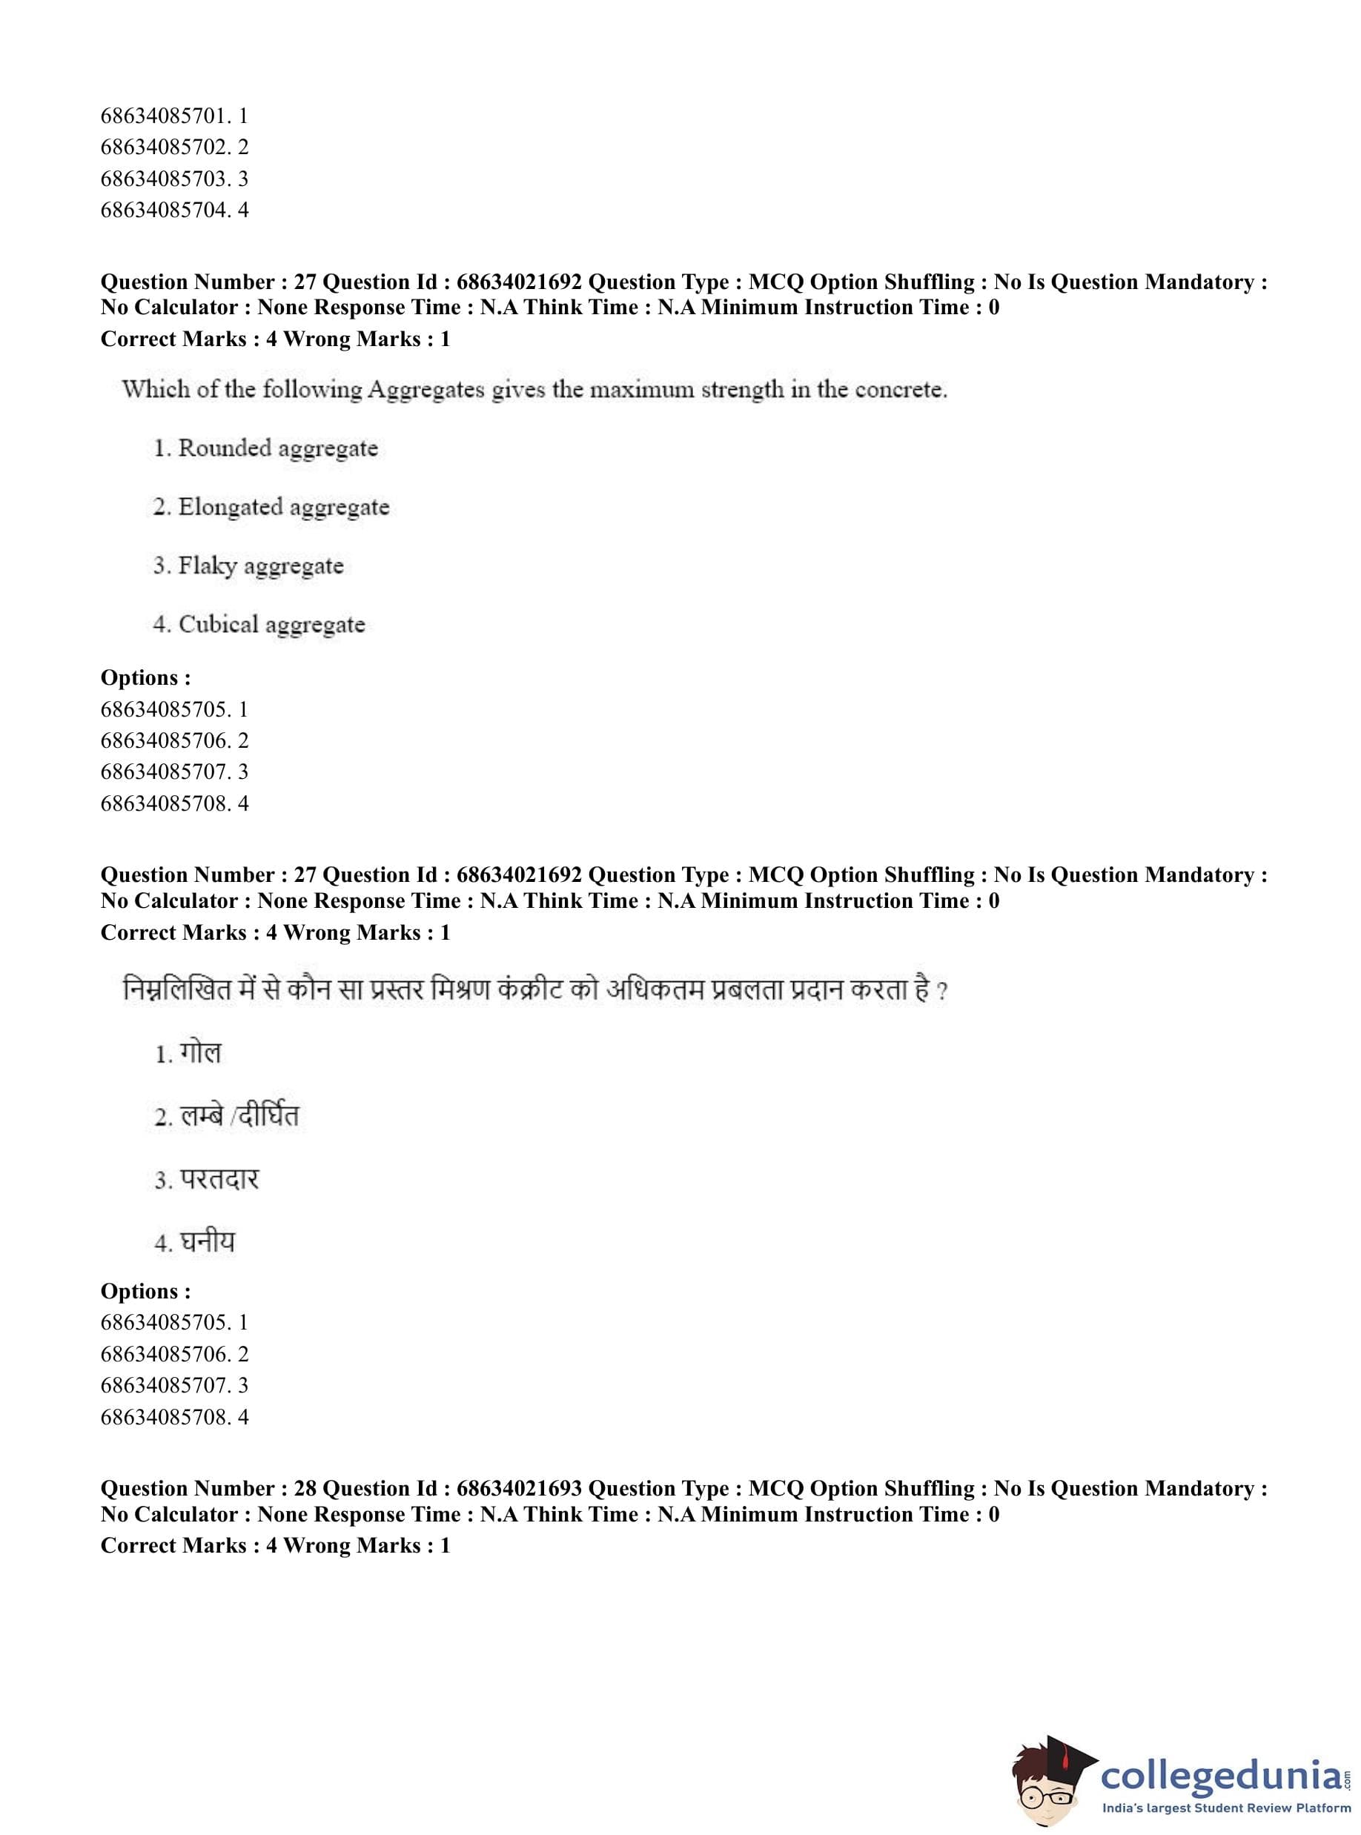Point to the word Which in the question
(x=156, y=390)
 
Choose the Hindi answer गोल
(x=200, y=1053)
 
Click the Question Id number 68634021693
(x=519, y=1489)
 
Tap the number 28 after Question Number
(x=305, y=1489)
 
